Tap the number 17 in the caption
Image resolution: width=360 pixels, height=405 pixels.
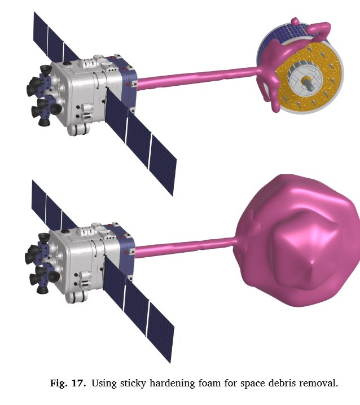pos(78,383)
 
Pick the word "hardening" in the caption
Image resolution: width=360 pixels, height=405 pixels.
pos(172,383)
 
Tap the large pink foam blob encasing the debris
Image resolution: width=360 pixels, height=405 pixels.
pos(297,240)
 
